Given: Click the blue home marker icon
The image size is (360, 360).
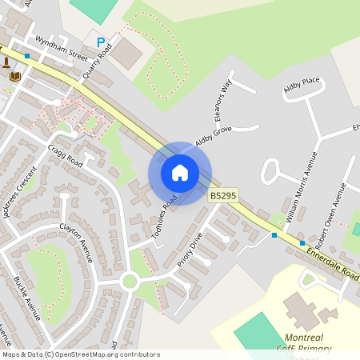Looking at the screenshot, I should click(x=180, y=173).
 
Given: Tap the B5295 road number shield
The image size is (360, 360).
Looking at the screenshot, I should click(x=223, y=195).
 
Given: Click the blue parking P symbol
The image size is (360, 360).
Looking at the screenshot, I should click(x=100, y=42).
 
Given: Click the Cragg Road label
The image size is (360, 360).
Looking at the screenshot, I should click(x=65, y=149).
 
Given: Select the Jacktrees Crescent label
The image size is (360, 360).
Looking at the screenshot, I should click(x=20, y=192).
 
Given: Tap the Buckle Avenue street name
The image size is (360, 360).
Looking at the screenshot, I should click(x=26, y=298).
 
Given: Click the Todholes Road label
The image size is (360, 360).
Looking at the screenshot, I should click(x=164, y=217).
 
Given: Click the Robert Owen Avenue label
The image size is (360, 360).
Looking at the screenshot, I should click(x=329, y=210).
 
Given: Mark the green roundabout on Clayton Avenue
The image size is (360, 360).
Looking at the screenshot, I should click(x=130, y=281).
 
